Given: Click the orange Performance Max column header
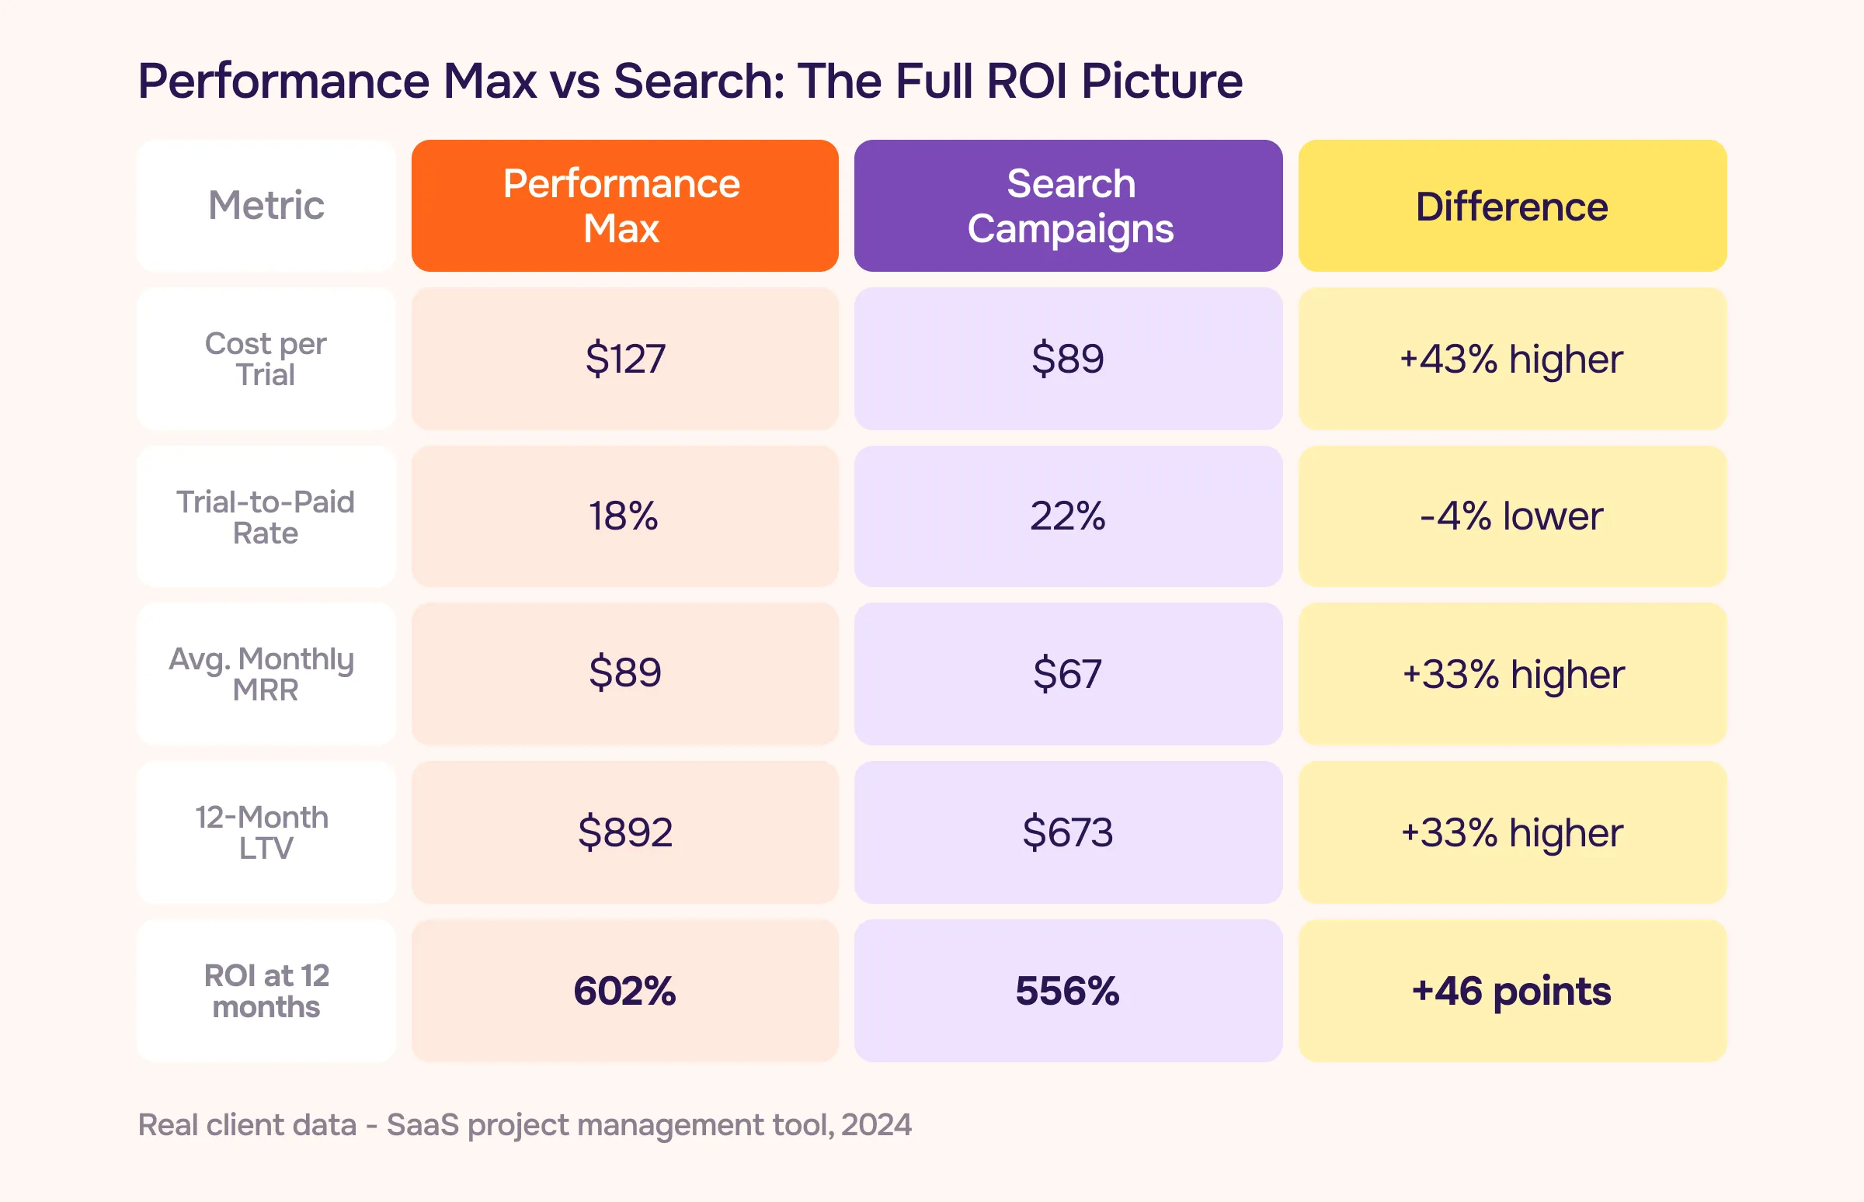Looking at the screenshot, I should [624, 205].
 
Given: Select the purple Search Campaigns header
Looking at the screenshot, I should [1068, 205].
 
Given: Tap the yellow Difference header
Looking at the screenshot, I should [1512, 206].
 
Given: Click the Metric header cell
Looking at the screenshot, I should [266, 205].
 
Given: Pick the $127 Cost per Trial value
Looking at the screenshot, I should [624, 358].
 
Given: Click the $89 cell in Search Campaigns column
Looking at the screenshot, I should [1068, 358].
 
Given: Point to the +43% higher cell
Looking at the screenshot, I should [1512, 359].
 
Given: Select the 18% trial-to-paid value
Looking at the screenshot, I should [624, 516].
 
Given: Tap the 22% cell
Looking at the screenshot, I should [1068, 516].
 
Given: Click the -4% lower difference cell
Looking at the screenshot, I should [1512, 516].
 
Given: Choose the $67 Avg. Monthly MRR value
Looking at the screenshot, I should [1068, 673].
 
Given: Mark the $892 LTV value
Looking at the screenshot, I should [624, 832].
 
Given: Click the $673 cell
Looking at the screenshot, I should [1068, 832].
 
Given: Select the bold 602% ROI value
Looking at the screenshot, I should [624, 991].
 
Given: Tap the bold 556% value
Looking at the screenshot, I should [1068, 991].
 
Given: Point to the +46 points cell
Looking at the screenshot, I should [1512, 991].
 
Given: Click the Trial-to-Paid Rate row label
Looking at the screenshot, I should [266, 516].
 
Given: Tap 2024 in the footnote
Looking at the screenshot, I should [876, 1124].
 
